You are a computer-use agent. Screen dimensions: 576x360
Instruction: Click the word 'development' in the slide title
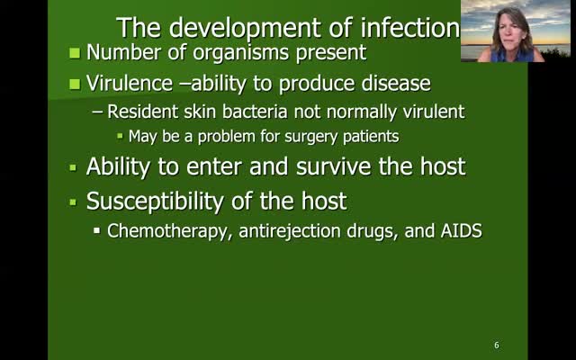tap(246, 28)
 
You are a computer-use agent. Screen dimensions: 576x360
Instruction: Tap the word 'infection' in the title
tap(410, 28)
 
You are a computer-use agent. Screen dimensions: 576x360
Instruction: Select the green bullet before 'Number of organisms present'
tap(75, 53)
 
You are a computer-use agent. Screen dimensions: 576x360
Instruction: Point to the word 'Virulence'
tap(130, 83)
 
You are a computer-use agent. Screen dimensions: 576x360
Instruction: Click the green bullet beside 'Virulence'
tap(75, 84)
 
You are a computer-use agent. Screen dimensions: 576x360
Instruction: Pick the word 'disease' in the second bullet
tap(396, 83)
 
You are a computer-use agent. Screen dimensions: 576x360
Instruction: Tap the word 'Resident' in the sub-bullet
tap(143, 112)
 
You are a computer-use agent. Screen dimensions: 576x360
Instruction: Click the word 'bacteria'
tap(255, 112)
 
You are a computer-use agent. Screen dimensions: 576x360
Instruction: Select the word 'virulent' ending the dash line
tap(434, 112)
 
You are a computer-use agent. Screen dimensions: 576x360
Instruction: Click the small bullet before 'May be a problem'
tap(120, 136)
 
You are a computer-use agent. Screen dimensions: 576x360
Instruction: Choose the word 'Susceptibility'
tap(155, 202)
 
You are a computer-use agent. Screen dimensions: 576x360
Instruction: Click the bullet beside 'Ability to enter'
tap(73, 168)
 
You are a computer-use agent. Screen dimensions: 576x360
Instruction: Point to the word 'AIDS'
tap(461, 230)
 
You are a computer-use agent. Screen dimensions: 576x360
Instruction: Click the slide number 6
tap(497, 345)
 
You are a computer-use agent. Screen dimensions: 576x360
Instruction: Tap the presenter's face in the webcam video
tap(509, 31)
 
